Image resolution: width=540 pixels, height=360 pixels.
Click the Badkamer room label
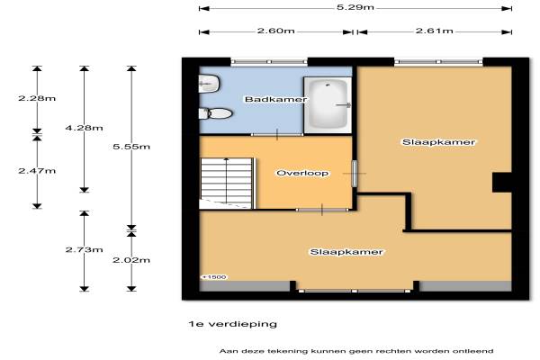coord(275,100)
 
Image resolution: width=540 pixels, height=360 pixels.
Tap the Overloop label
coord(302,173)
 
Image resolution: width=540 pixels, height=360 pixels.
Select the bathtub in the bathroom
coord(328,105)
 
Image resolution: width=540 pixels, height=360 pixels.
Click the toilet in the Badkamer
coord(216,113)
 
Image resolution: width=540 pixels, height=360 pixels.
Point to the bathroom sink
coord(210,84)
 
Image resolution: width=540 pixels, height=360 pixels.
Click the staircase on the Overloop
coord(227,184)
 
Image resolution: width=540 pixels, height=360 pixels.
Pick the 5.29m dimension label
coord(355,7)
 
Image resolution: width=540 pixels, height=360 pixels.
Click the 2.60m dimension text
coord(276,31)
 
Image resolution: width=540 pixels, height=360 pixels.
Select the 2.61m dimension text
coord(435,31)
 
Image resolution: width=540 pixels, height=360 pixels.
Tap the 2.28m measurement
coord(37,98)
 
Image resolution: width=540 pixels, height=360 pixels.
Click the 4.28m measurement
coord(84,128)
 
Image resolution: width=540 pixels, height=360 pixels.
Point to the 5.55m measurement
coord(131,147)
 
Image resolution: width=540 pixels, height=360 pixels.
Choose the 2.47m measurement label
coord(37,171)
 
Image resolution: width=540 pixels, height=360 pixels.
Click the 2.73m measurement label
coord(84,250)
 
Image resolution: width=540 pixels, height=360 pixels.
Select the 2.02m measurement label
coord(131,260)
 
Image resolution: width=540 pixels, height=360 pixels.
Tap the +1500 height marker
coord(214,277)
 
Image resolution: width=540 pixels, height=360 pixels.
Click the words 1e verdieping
coord(233,324)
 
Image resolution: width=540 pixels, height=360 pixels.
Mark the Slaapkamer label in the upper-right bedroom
coord(439,142)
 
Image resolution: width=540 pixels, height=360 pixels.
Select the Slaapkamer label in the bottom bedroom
coord(346,252)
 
